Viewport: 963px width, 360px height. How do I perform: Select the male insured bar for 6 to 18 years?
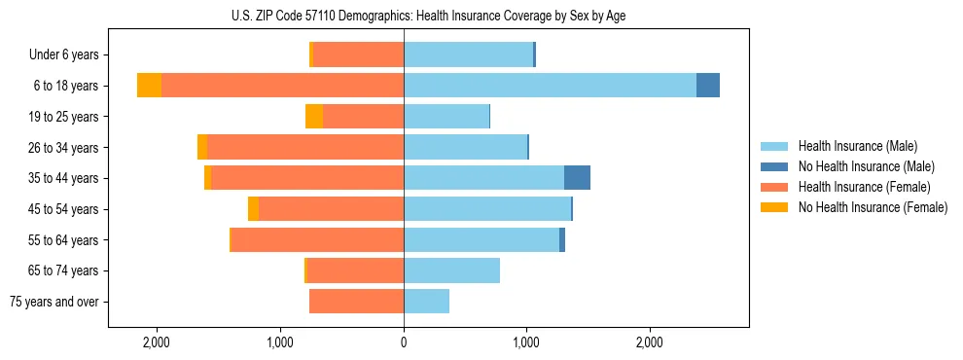pyautogui.click(x=550, y=86)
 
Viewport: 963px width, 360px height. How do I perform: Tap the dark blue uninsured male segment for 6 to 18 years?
pyautogui.click(x=708, y=86)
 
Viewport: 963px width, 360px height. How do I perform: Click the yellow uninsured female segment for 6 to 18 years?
pyautogui.click(x=149, y=86)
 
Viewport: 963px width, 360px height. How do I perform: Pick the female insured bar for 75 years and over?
pyautogui.click(x=356, y=302)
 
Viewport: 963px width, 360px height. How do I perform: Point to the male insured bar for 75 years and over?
pyautogui.click(x=426, y=302)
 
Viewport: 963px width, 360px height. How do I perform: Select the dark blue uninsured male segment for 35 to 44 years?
pyautogui.click(x=577, y=178)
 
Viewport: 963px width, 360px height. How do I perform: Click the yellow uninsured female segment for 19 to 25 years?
pyautogui.click(x=313, y=117)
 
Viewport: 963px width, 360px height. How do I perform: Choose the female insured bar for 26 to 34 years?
pyautogui.click(x=304, y=147)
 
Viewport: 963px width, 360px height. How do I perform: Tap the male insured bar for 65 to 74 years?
pyautogui.click(x=451, y=270)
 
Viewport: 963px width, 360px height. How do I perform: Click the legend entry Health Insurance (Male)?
pyautogui.click(x=857, y=146)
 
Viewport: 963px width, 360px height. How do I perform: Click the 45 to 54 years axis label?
pyautogui.click(x=63, y=209)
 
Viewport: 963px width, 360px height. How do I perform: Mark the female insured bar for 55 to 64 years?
pyautogui.click(x=317, y=239)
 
